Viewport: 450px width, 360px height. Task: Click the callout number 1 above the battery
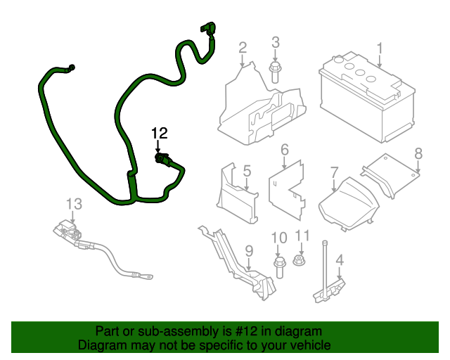point(380,49)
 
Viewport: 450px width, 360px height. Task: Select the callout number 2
point(243,48)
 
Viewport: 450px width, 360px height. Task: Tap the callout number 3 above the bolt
point(276,42)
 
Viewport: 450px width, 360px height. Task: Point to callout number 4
point(340,262)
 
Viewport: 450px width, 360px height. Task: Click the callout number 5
point(247,171)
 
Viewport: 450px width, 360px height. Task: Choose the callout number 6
point(285,150)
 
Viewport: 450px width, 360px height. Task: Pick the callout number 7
point(334,172)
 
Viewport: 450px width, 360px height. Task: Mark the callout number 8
point(418,153)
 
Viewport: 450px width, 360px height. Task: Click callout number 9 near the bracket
point(248,250)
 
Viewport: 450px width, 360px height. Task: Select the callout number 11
point(302,236)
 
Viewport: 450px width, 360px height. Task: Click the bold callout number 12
point(160,133)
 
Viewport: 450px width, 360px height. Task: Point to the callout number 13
point(75,204)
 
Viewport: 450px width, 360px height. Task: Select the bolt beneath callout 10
point(278,266)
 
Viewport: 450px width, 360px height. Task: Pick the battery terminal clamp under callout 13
point(67,231)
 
